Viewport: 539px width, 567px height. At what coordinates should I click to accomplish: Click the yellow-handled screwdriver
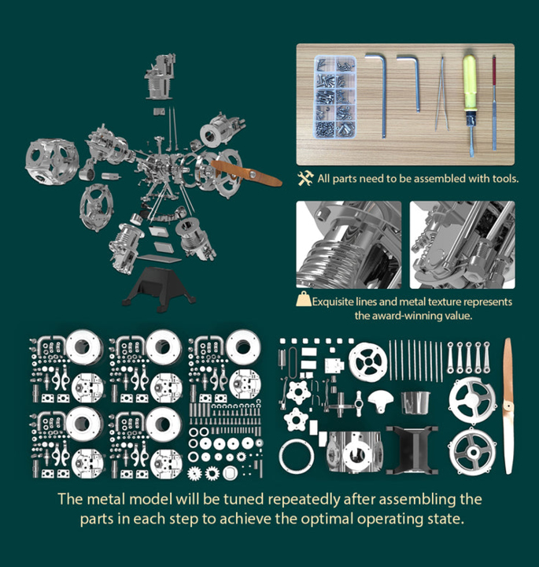click(470, 105)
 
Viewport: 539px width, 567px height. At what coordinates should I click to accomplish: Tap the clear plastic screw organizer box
click(335, 97)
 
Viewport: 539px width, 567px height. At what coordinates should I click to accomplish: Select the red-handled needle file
click(494, 102)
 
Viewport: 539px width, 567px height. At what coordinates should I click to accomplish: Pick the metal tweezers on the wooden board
click(441, 94)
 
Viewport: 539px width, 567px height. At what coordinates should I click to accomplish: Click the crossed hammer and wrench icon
click(305, 179)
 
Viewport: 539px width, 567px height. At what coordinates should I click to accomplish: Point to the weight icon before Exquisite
click(304, 299)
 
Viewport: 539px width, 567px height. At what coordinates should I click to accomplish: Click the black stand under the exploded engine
click(159, 289)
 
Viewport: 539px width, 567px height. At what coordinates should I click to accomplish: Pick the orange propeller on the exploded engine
click(246, 173)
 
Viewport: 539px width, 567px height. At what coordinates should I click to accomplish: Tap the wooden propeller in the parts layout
click(508, 406)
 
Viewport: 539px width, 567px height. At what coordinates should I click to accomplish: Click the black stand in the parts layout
click(412, 450)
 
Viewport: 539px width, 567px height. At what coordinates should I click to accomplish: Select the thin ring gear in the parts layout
click(297, 457)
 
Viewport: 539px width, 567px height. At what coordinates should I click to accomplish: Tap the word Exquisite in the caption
click(333, 302)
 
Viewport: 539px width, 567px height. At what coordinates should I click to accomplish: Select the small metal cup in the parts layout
click(415, 402)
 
